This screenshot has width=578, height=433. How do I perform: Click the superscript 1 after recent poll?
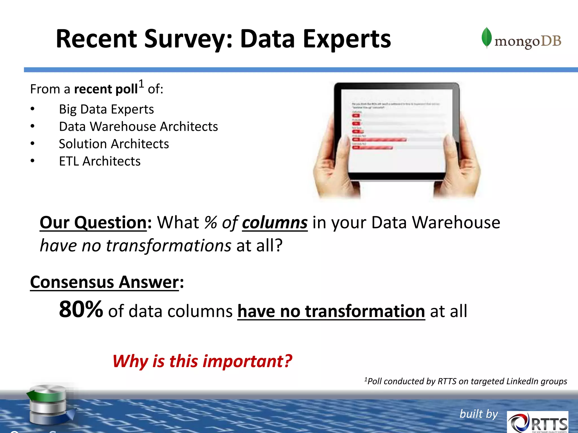coord(141,84)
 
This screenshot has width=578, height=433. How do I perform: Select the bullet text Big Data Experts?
coord(106,109)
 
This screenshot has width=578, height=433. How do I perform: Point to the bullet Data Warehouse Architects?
coord(138,127)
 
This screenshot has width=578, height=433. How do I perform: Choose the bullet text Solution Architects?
coord(114,144)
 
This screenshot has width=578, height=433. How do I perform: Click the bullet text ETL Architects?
coord(100,161)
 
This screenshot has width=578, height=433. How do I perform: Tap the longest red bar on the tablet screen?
coord(380,140)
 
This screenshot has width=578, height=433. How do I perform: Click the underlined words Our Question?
coord(93,223)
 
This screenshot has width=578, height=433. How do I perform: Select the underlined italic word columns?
coord(275,223)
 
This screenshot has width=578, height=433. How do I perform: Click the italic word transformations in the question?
coord(168,246)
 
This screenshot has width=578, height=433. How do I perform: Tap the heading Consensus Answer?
coord(104,282)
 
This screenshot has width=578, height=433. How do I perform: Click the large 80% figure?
coord(81,309)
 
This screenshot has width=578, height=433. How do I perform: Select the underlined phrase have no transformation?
coord(331,311)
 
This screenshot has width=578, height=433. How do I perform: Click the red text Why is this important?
coord(202,361)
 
